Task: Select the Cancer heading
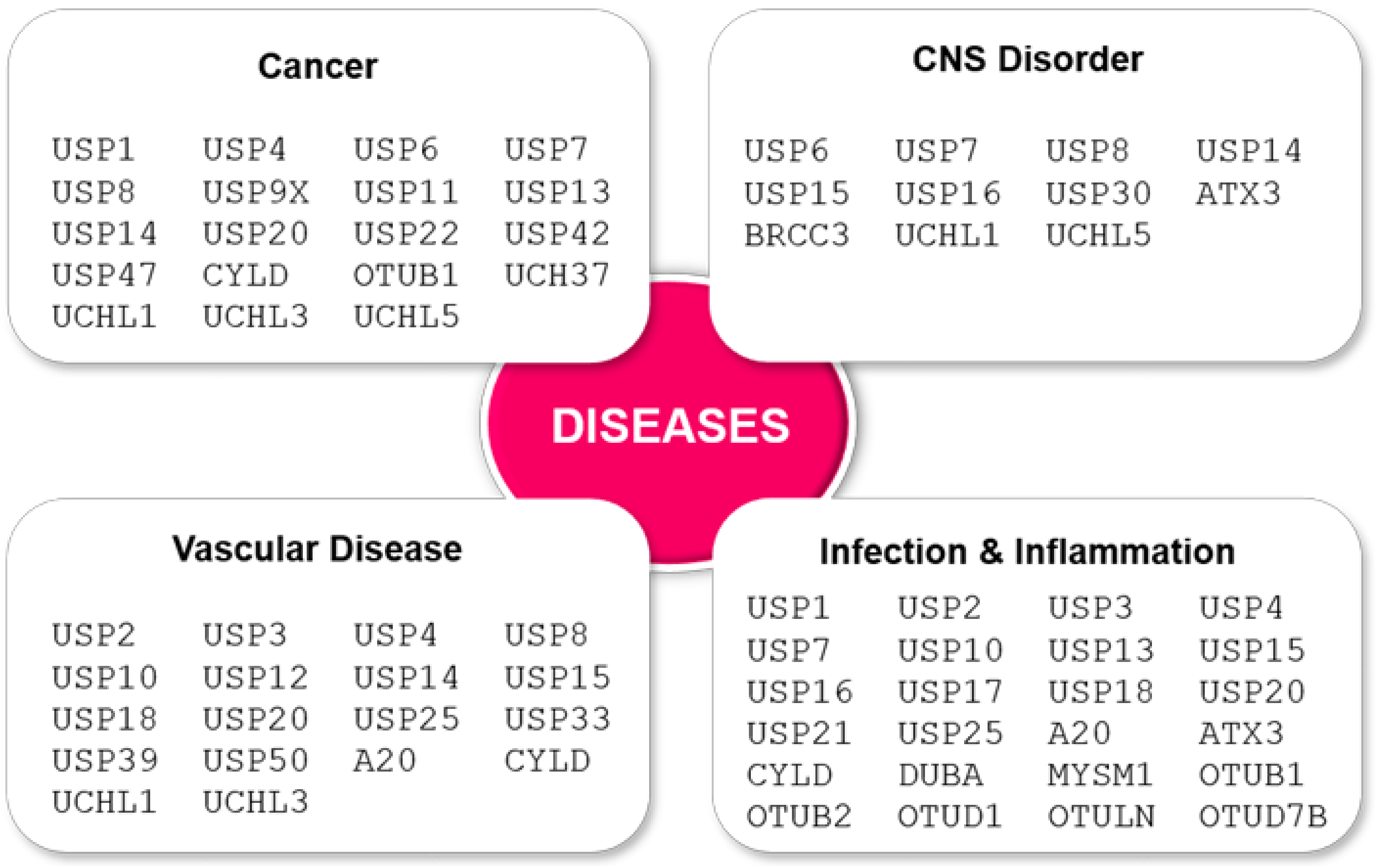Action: coord(317,66)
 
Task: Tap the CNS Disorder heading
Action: coord(1027,59)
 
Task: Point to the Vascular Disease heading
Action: coord(317,549)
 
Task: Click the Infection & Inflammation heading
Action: coord(1027,552)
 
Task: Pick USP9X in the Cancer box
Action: coord(255,192)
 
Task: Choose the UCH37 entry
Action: coord(557,275)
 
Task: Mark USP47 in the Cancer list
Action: coord(105,275)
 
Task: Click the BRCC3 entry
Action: coord(796,235)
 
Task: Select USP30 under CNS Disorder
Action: coord(1099,193)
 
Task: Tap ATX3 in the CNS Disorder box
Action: coord(1239,193)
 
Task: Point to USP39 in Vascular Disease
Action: coord(105,760)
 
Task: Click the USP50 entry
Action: coord(255,760)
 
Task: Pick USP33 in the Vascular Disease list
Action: coord(557,719)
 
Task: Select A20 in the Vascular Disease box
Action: coord(385,760)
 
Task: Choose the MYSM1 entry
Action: coord(1100,775)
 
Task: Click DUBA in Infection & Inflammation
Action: coord(940,775)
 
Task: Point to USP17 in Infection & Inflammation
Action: coord(950,692)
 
